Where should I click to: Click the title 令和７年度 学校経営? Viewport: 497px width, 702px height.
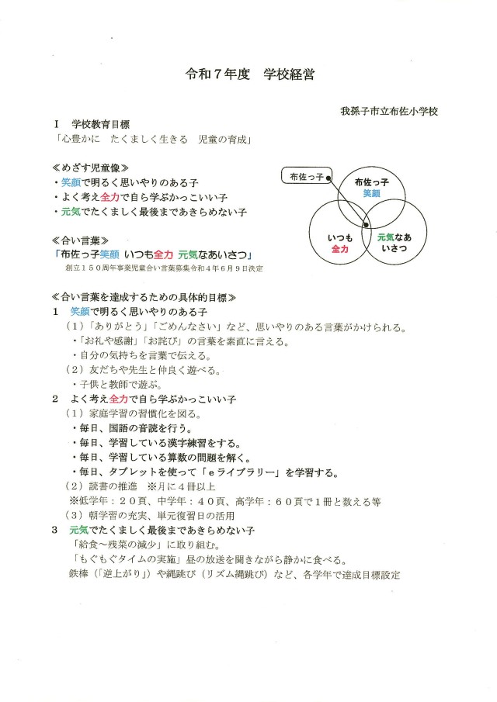coord(249,77)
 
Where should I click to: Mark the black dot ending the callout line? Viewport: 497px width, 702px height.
coord(329,179)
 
